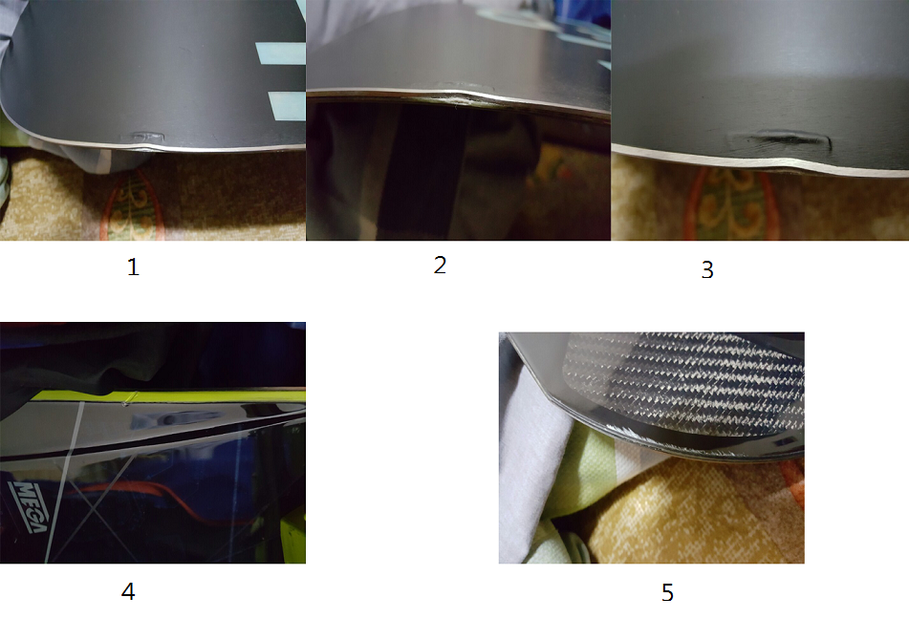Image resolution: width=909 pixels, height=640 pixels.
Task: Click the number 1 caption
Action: tap(133, 267)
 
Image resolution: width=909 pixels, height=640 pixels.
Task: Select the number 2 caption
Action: tap(440, 265)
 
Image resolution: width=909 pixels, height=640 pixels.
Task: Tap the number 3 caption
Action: tap(707, 269)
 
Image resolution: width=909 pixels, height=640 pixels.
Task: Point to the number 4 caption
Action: tap(128, 591)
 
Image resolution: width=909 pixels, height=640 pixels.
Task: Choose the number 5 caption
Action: tap(667, 592)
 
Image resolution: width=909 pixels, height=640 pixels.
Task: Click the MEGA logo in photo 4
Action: tap(29, 505)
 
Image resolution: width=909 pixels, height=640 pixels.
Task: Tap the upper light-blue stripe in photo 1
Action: tap(281, 53)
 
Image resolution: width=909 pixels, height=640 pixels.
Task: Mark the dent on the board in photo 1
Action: tap(142, 138)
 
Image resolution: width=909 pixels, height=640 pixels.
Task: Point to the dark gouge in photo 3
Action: tap(780, 140)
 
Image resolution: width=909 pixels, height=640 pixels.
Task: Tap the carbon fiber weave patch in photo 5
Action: tap(684, 383)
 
